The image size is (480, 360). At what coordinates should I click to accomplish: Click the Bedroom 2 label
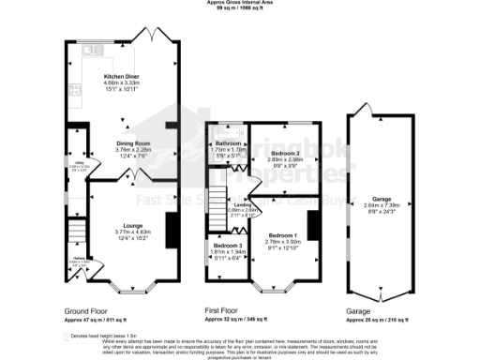click(x=284, y=152)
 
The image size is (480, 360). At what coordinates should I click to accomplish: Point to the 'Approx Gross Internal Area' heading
click(x=240, y=3)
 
